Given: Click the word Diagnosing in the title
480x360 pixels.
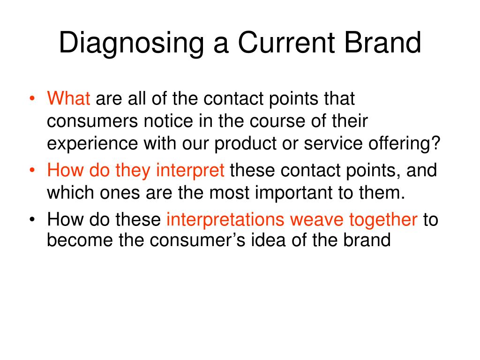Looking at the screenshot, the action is tap(132, 44).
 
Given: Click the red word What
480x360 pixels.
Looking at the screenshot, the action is tap(68, 98).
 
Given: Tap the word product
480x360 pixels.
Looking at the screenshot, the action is tap(246, 144).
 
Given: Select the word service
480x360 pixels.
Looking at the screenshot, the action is tap(333, 143).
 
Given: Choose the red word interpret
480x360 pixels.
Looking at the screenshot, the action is tap(190, 171).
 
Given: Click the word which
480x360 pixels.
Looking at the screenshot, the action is tap(70, 193).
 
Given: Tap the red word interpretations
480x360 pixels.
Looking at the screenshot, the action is tap(225, 220).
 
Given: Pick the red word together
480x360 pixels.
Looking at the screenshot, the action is tap(383, 220).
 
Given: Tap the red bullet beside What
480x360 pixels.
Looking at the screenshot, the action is tap(32, 98).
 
